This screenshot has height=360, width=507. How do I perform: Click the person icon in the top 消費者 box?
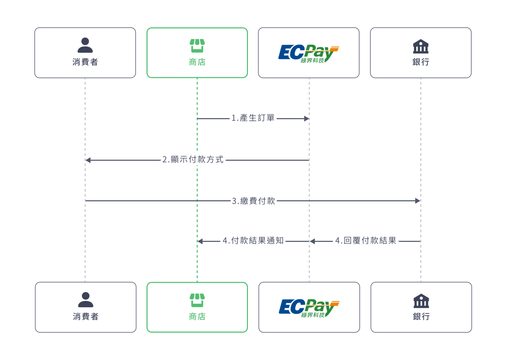click(85, 45)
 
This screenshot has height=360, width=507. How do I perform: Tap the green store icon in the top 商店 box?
click(197, 46)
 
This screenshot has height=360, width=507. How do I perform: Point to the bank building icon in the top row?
click(421, 47)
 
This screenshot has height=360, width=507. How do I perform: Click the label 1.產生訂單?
click(253, 118)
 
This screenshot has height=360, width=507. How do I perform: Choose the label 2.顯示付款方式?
click(193, 160)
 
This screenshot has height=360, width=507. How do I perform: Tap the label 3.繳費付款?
click(253, 201)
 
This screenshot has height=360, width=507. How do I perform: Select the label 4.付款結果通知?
click(253, 241)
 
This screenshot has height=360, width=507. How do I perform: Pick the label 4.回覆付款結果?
click(366, 241)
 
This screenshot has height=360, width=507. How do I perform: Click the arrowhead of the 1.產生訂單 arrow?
click(307, 118)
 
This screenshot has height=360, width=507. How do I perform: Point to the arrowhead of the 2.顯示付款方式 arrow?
click(88, 160)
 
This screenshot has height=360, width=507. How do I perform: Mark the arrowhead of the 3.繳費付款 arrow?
click(418, 201)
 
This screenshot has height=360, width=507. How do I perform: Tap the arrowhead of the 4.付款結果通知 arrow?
click(200, 242)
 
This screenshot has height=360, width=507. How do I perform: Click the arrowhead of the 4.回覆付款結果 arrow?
click(312, 242)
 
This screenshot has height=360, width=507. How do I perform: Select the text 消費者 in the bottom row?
click(86, 317)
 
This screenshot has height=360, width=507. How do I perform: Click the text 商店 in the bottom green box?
click(197, 317)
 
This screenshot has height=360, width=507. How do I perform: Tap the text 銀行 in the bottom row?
click(421, 317)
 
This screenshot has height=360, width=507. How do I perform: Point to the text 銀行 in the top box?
click(421, 62)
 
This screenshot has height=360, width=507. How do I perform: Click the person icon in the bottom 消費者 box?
click(85, 300)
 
